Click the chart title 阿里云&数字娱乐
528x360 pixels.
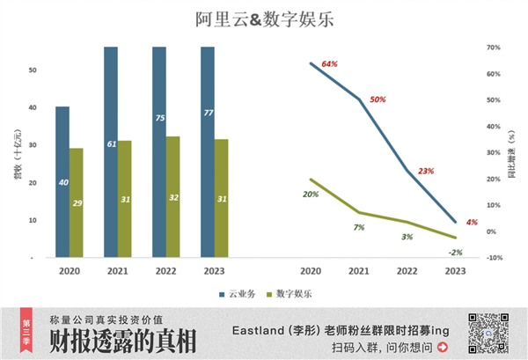pyautogui.click(x=263, y=18)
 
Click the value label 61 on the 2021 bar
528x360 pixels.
pyautogui.click(x=112, y=143)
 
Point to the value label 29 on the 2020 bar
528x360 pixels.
pyautogui.click(x=77, y=203)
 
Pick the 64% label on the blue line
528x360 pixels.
pyautogui.click(x=330, y=64)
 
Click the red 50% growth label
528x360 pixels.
pyautogui.click(x=378, y=99)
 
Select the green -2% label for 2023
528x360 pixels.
pyautogui.click(x=455, y=252)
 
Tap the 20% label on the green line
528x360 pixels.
pyautogui.click(x=311, y=194)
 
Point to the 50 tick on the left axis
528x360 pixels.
pyautogui.click(x=33, y=70)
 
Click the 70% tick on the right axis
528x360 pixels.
pyautogui.click(x=494, y=48)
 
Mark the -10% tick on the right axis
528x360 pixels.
pyautogui.click(x=494, y=258)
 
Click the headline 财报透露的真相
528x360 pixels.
pyautogui.click(x=123, y=342)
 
